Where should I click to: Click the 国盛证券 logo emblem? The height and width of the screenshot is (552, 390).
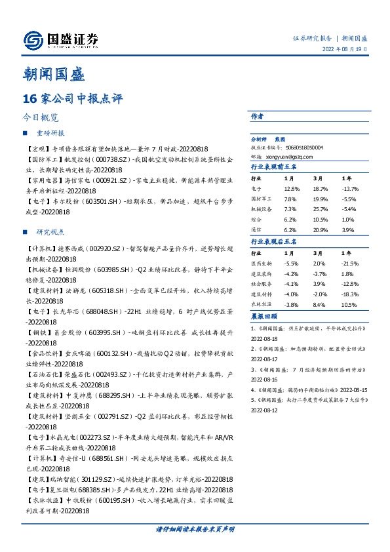point(33,41)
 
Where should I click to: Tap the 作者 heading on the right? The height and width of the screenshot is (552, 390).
point(257,116)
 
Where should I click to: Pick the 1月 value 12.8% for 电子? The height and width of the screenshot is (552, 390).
point(291,188)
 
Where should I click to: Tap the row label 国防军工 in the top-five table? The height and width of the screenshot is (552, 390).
point(262,198)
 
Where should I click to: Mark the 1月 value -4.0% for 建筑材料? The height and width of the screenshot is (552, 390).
point(290,293)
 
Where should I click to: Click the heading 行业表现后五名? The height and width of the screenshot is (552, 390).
point(274,243)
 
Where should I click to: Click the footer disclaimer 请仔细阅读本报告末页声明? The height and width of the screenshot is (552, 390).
point(195,528)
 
